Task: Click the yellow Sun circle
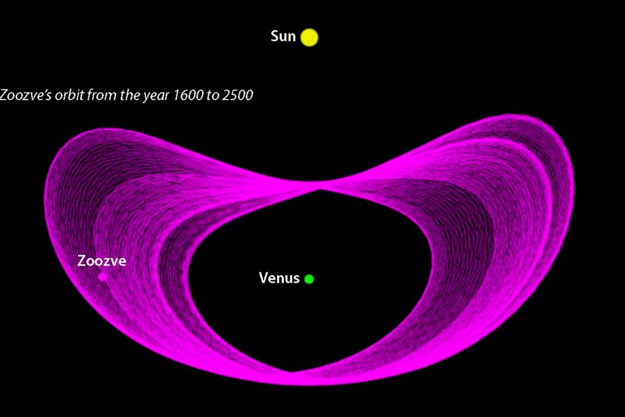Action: [309, 37]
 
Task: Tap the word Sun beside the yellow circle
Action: [283, 36]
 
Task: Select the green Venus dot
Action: [309, 279]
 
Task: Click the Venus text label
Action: [279, 278]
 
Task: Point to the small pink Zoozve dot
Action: [103, 277]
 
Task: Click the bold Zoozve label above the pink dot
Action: [102, 261]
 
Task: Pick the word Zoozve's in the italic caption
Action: [26, 95]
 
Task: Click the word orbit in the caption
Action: [70, 95]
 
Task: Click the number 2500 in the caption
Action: [237, 95]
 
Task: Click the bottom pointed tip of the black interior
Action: [292, 371]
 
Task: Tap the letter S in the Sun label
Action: [274, 36]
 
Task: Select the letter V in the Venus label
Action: [264, 278]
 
